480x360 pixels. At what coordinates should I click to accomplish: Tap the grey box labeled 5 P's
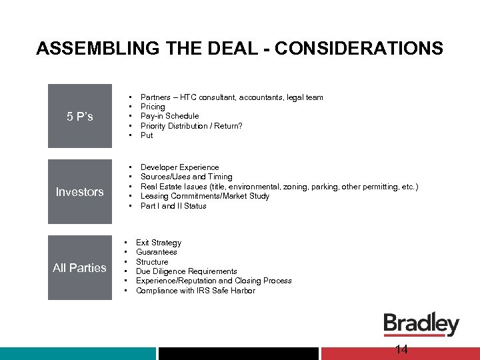coord(80,117)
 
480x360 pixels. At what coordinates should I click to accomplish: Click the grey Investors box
coord(80,192)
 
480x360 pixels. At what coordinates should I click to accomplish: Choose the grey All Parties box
coord(80,268)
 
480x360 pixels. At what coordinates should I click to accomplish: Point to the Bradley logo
coord(421,325)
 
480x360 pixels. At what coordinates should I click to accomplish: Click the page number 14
coord(401,350)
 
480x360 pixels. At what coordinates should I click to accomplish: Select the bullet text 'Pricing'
coord(153,107)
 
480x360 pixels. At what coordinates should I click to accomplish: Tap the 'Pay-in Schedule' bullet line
coord(169,116)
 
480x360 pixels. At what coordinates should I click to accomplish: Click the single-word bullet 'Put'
coord(147,135)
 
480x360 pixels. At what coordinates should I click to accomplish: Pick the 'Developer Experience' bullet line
coord(179,167)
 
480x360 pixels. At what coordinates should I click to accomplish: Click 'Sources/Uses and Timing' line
coord(186,177)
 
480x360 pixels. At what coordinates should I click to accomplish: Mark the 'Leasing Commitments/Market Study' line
coord(205,196)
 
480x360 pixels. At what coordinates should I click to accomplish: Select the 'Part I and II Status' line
coord(173,206)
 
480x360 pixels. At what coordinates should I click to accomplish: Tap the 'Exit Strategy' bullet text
coord(158,243)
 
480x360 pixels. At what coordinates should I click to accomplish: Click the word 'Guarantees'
coord(156,252)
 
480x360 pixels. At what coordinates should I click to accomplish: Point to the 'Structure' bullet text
coord(152,262)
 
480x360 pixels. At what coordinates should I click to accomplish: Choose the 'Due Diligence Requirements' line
coord(186,271)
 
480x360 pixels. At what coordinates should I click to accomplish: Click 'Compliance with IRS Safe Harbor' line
coord(195,291)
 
